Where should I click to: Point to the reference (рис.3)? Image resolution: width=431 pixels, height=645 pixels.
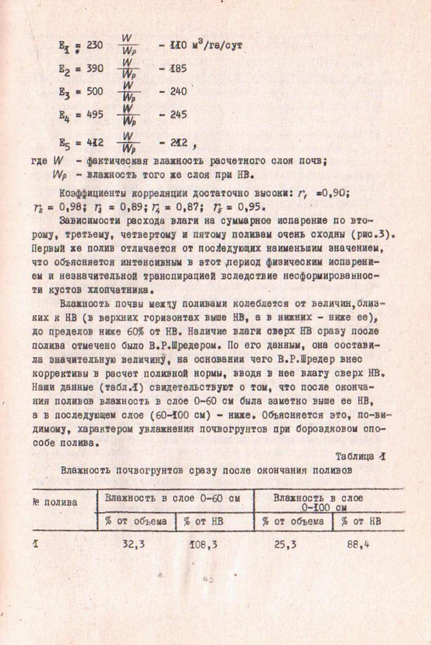click(x=377, y=235)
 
